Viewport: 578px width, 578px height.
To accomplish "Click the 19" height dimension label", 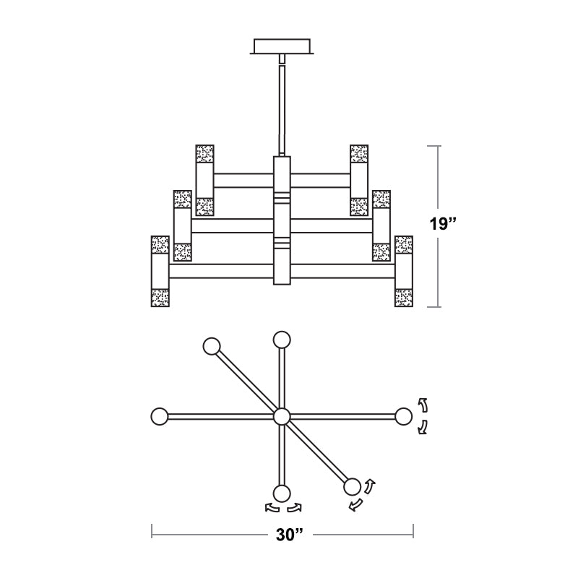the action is pos(443,223).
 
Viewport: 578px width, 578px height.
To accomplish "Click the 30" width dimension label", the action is pos(290,535).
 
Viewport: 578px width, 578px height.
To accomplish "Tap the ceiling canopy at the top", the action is pos(282,46).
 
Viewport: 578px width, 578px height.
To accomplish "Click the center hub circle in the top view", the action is pos(282,417).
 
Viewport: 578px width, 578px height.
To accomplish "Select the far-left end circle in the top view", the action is pos(160,417).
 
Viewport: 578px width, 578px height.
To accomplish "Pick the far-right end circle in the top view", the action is pos(403,417).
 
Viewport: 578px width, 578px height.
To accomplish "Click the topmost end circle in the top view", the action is pos(282,340).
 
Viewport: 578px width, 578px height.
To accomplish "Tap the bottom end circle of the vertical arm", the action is pos(282,494).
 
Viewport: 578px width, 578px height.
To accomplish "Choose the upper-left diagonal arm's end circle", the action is pos(212,347).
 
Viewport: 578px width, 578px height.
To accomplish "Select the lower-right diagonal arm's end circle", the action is pos(352,487).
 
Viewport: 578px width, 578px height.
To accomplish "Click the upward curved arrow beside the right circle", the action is pos(423,405).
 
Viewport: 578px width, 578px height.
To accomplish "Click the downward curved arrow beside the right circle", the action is pos(423,427).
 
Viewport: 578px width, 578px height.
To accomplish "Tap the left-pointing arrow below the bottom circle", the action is pos(272,508).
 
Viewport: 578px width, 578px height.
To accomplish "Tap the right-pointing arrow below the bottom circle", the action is pos(295,508).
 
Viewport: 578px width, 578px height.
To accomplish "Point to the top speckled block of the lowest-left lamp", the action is pos(160,245).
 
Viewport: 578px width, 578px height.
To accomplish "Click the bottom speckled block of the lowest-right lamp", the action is pos(404,298).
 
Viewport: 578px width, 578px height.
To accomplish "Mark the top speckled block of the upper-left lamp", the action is pos(205,154).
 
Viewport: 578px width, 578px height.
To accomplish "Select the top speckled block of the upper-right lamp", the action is pos(359,154).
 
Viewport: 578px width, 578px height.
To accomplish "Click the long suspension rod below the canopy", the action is pos(282,110).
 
